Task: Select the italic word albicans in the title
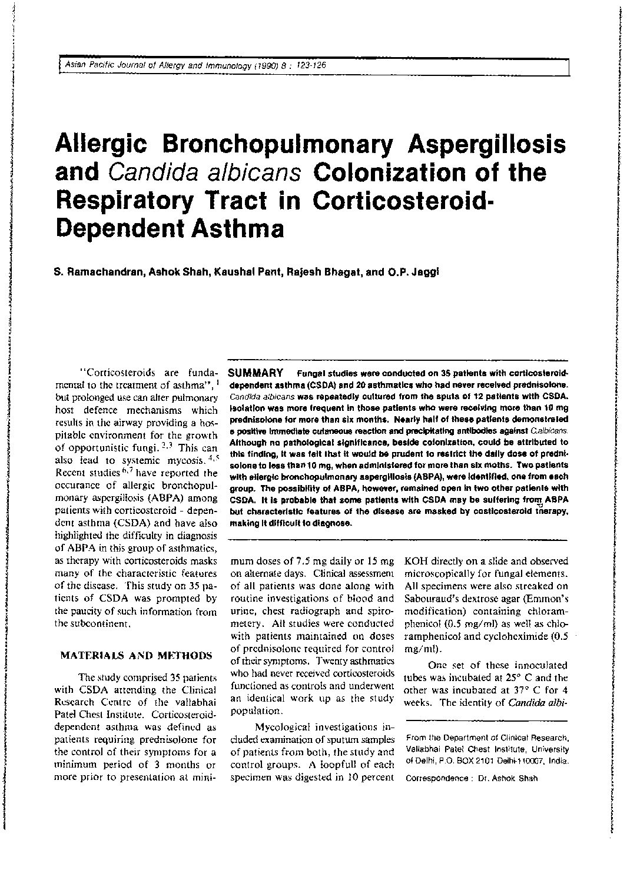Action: pos(265,172)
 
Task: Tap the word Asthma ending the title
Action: pos(238,228)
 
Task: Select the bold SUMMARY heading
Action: pos(256,373)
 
